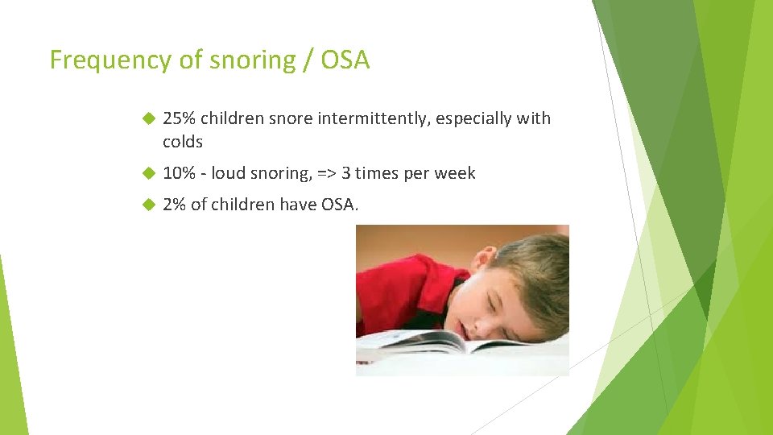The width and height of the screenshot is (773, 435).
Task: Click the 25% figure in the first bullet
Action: tap(179, 118)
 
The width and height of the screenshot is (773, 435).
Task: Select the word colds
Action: tap(183, 142)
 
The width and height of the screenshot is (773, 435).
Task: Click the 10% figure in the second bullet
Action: tap(179, 173)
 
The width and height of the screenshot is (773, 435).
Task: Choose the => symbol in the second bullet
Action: tap(326, 173)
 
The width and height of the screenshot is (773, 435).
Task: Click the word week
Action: tap(454, 173)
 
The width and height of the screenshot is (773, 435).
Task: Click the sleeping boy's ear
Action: tap(484, 259)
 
